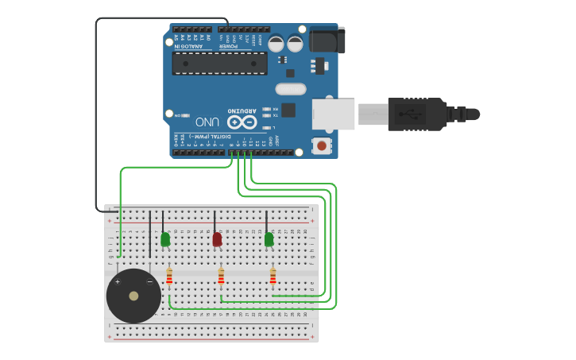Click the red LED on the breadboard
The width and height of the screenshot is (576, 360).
coord(217,239)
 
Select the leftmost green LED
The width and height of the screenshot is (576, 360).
coord(165,239)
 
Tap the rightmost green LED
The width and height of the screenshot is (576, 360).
coord(269,239)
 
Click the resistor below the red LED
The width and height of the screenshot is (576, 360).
coord(221,277)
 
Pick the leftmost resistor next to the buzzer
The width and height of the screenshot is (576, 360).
coord(169,277)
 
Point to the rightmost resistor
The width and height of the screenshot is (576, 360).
coord(273,277)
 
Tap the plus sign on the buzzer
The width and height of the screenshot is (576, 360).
coord(118,282)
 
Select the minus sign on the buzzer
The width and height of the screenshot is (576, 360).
coord(149,282)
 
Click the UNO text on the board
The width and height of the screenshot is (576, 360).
coord(207,122)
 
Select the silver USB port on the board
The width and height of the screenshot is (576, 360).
coord(334,114)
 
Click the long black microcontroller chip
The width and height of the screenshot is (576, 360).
coord(220,64)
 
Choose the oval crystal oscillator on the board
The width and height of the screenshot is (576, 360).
coord(291,89)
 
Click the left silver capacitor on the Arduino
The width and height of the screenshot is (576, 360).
coord(276,44)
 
